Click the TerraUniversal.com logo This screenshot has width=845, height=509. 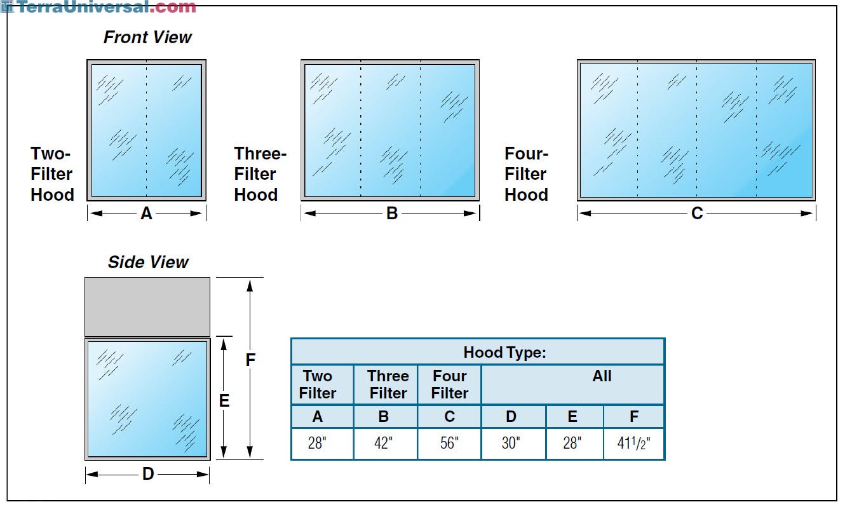[99, 8]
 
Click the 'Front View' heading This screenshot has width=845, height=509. [147, 37]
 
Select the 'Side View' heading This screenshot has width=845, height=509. [148, 262]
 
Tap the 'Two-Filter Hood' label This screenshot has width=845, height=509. [51, 174]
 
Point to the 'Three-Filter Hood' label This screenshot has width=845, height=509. [259, 174]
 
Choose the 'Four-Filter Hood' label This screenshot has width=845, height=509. [526, 174]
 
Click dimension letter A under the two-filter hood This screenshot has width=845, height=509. [146, 214]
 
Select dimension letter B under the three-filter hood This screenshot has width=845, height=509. [392, 214]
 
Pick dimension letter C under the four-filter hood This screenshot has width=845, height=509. [697, 214]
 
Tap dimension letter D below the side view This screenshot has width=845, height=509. [147, 474]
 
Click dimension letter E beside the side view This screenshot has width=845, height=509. [224, 401]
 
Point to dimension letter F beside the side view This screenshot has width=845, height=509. [250, 360]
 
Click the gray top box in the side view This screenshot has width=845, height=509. [147, 306]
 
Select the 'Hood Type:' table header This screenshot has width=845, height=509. [504, 352]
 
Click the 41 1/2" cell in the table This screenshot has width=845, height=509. [633, 444]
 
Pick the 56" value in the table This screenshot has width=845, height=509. [449, 444]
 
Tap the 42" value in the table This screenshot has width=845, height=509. [383, 444]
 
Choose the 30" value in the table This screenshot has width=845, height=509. [510, 444]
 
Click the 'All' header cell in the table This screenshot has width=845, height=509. [602, 376]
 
